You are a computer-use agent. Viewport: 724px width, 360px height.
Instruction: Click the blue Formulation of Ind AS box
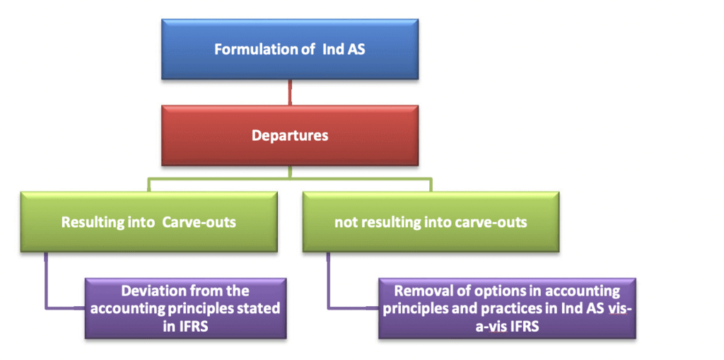[290, 49]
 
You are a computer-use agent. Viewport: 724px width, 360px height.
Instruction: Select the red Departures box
[290, 134]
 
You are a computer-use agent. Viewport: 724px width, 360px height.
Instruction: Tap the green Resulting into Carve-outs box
[148, 221]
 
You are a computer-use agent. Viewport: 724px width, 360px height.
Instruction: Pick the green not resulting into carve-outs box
[431, 221]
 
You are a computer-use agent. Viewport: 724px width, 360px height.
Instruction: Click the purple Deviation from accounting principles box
[186, 308]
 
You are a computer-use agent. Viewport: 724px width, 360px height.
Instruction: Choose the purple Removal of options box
[506, 308]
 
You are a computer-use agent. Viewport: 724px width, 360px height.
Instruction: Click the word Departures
[290, 135]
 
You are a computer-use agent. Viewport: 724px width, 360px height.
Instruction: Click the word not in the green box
[344, 222]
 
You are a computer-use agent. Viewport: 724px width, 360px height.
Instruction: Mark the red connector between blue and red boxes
[290, 93]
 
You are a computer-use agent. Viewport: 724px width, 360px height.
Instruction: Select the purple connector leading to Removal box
[329, 283]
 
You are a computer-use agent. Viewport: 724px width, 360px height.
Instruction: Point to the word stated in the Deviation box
[262, 308]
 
